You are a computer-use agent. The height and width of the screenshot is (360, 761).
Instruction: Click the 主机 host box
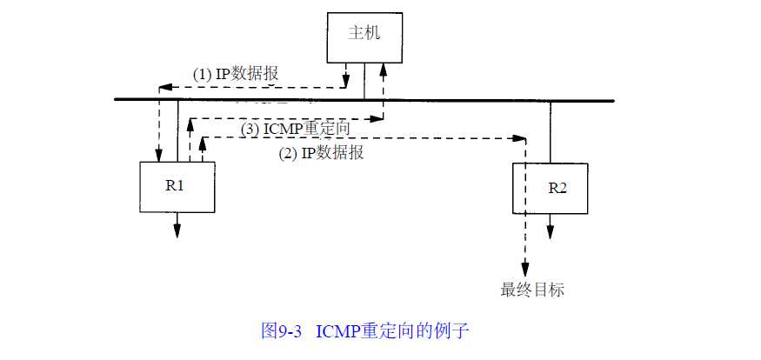pyautogui.click(x=364, y=37)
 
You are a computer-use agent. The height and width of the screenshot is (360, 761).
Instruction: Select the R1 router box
pyautogui.click(x=177, y=187)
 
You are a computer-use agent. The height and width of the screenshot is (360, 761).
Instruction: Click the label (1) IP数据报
pyautogui.click(x=235, y=75)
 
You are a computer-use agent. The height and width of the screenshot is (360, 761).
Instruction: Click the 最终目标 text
pyautogui.click(x=532, y=290)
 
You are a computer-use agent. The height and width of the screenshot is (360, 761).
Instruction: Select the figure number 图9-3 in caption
pyautogui.click(x=282, y=331)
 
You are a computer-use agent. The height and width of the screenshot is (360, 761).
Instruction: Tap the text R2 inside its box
pyautogui.click(x=557, y=187)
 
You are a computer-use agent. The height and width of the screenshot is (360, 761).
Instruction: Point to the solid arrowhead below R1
pyautogui.click(x=177, y=230)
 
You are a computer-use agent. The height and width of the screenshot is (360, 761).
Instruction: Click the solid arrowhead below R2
pyautogui.click(x=549, y=232)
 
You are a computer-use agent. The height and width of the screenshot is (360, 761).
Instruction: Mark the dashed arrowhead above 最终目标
pyautogui.click(x=524, y=270)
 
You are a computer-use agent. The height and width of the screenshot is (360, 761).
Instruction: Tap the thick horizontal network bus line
pyautogui.click(x=435, y=100)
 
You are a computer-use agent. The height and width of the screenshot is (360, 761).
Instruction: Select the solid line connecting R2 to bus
pyautogui.click(x=549, y=130)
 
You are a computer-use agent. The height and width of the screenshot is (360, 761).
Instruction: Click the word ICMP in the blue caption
pyautogui.click(x=337, y=331)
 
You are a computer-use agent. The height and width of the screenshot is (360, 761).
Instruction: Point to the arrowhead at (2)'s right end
pyautogui.click(x=521, y=138)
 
